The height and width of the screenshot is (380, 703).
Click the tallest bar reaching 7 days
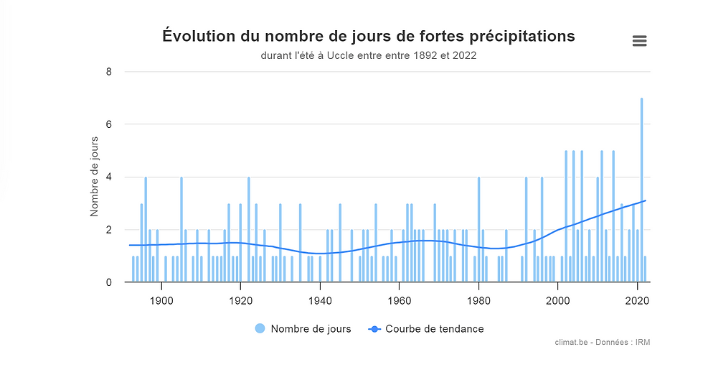(x=641, y=190)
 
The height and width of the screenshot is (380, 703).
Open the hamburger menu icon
(x=640, y=41)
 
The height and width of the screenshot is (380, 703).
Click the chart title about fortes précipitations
(x=369, y=35)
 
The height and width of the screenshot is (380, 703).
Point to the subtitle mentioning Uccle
(x=369, y=55)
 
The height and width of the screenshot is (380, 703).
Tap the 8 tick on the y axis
(x=109, y=72)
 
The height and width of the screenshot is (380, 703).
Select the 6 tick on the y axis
(x=109, y=124)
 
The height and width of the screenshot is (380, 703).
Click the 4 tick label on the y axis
(x=109, y=177)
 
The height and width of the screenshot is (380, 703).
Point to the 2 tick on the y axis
(x=109, y=230)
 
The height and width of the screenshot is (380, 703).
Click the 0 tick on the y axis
(x=109, y=282)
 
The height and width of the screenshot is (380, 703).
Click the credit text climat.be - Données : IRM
(x=603, y=343)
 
